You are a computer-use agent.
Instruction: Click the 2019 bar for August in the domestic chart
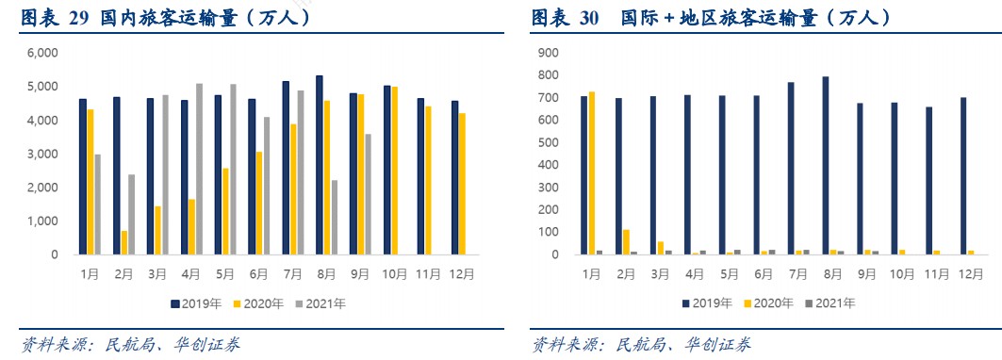320,165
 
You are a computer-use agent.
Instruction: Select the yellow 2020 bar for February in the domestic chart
123,242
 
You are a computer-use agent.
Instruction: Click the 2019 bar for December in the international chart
962,175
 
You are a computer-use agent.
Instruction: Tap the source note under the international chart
641,344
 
